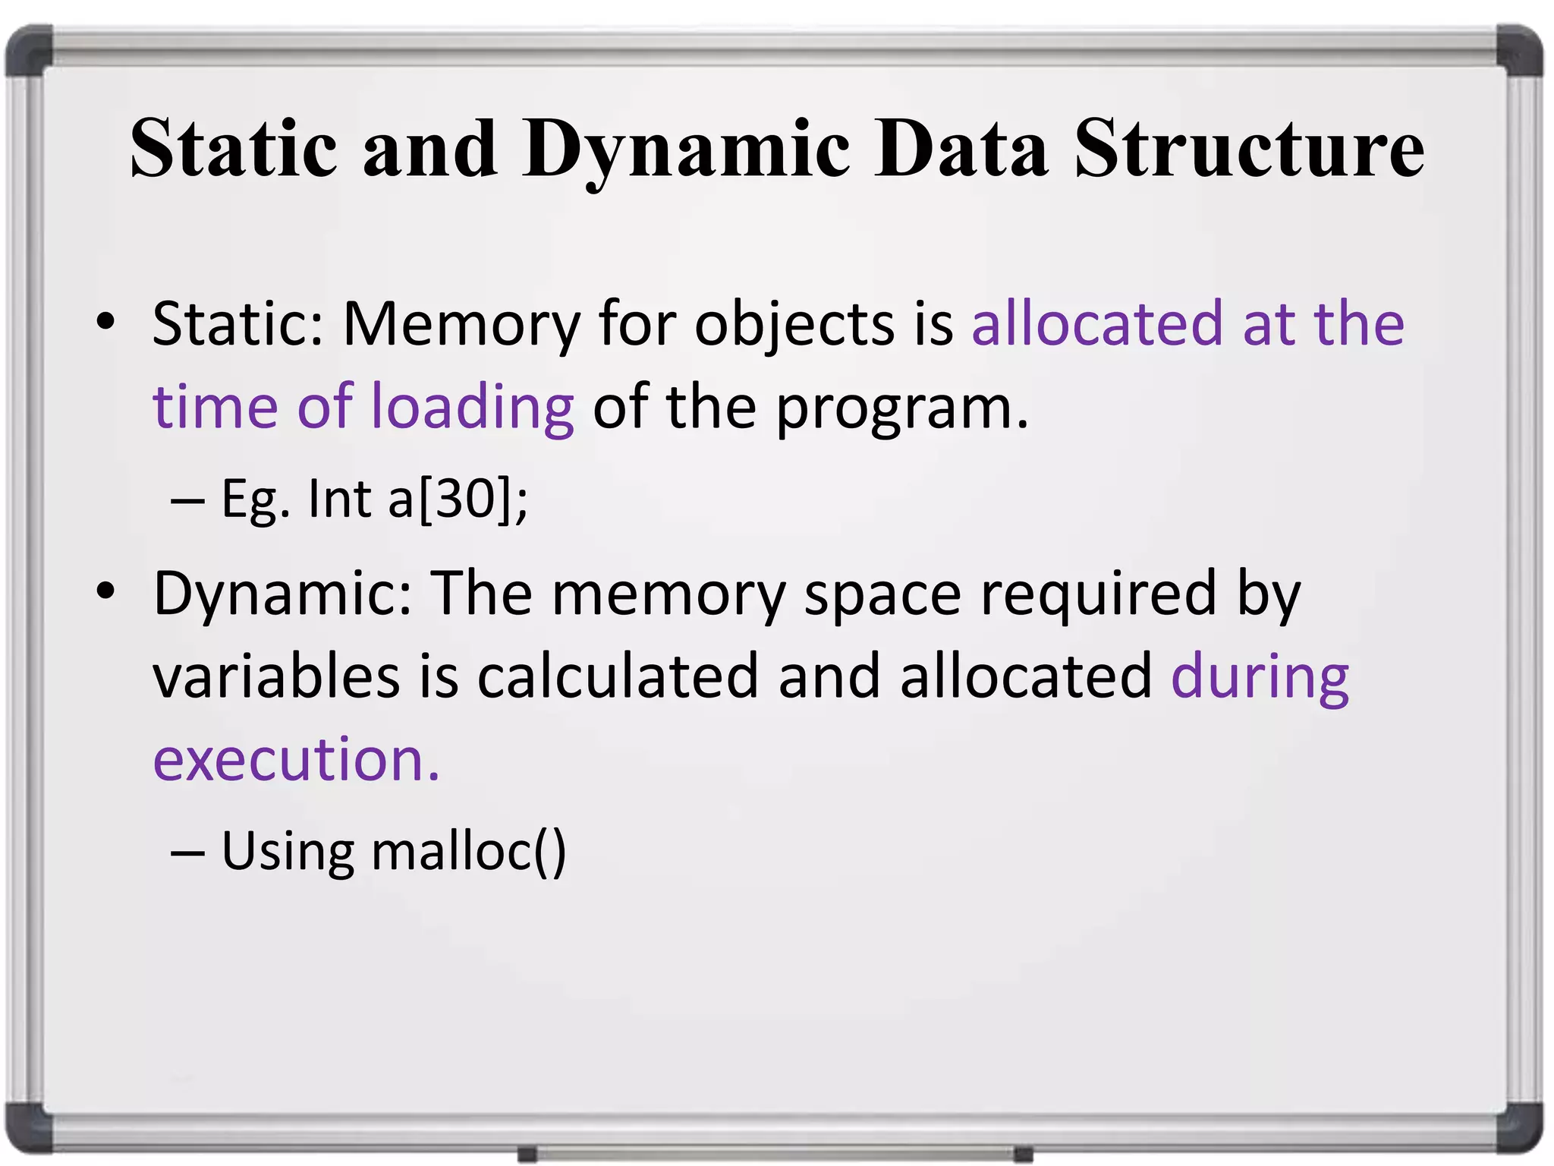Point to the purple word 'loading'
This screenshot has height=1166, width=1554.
pos(472,407)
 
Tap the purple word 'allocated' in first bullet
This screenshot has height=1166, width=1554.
pos(1096,323)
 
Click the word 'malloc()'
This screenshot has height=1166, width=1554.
pos(468,851)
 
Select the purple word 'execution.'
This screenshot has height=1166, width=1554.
pos(296,759)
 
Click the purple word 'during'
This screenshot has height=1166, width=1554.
pos(1260,676)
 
